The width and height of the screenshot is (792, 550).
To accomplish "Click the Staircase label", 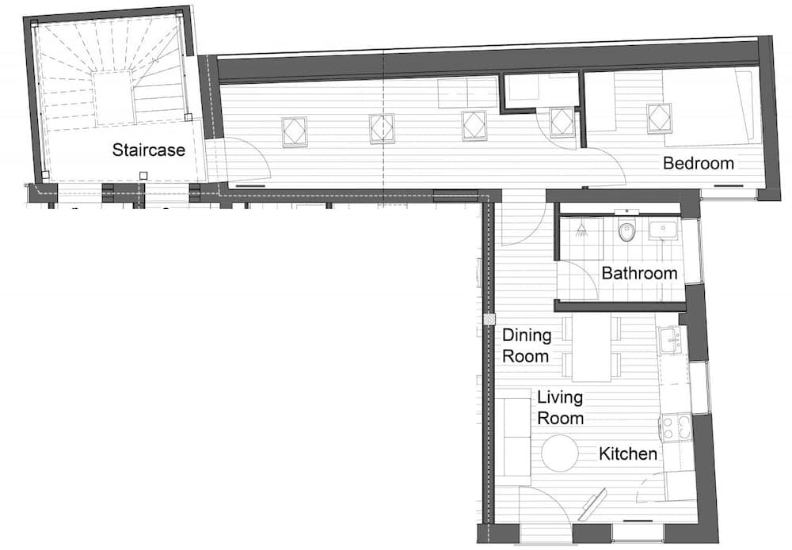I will click(148, 150).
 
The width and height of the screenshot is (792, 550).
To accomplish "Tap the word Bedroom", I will click(698, 164).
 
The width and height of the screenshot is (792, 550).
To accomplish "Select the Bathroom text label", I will click(639, 273).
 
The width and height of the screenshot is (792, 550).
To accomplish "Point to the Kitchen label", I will click(627, 453).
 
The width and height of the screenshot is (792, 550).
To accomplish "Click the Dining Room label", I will click(526, 345).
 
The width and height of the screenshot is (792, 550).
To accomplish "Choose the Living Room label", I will click(560, 408).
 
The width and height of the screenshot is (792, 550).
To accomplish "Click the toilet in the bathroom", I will click(626, 231).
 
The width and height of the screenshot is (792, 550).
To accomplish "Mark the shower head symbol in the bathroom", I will click(581, 229).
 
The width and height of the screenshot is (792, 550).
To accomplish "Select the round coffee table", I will click(561, 453).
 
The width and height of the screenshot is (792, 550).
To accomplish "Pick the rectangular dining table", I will click(591, 348).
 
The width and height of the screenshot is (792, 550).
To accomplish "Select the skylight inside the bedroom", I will click(659, 118).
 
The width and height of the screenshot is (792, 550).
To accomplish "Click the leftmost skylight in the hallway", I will click(295, 131).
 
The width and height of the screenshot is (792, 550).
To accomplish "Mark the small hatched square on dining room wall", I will click(489, 319).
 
